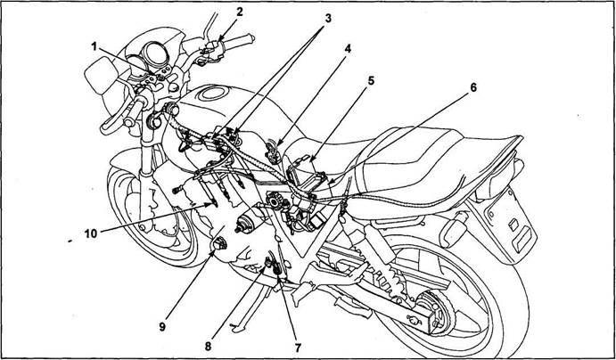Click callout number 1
pos(94,46)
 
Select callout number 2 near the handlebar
pos(240,12)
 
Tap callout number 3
pos(328,18)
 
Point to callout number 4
pos(348,48)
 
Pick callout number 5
pos(371,81)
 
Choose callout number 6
pos(473,88)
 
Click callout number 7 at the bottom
pos(298,347)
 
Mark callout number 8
pos(208,347)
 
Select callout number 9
pos(162,327)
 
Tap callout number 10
pos(90,233)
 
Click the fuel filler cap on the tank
pos(214,94)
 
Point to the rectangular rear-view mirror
pos(101,75)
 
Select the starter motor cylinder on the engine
pos(249,221)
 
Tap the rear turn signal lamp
pos(453,233)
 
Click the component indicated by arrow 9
pos(218,244)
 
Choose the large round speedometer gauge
pos(154,55)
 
